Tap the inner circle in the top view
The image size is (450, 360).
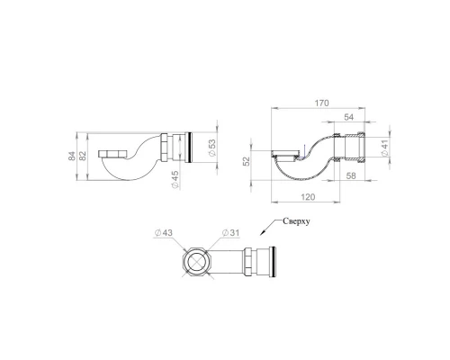click(x=196, y=264)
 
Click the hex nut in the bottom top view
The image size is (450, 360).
click(x=246, y=264)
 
